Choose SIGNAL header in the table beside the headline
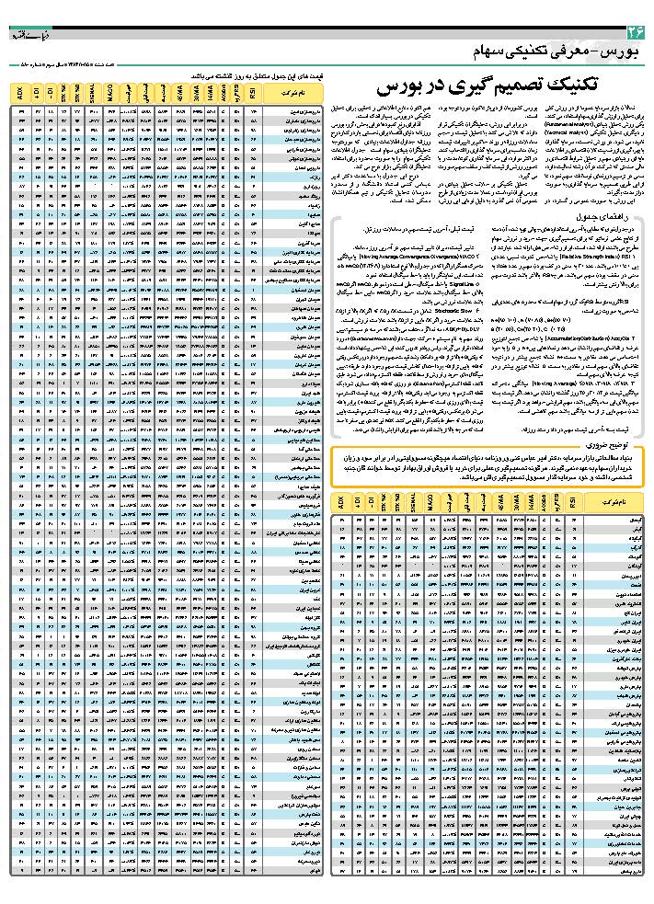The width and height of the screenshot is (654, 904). [x=94, y=93]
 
